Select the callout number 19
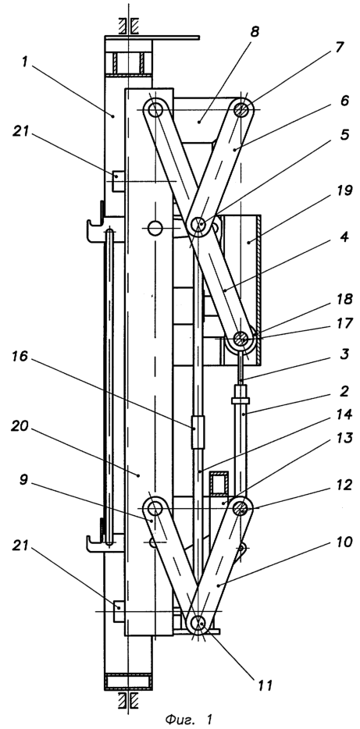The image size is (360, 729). [344, 190]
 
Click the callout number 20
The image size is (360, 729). [20, 427]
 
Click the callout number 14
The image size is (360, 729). [344, 414]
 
